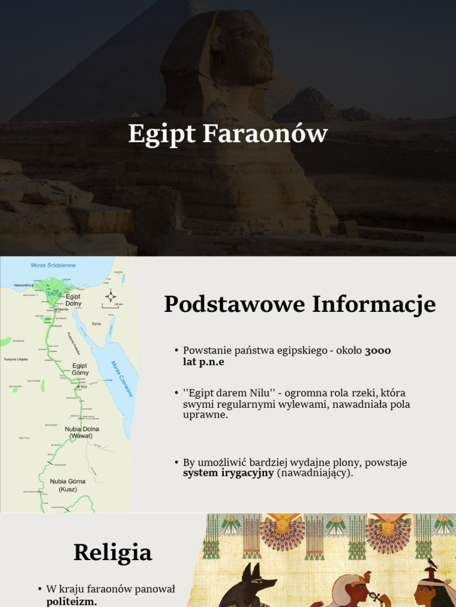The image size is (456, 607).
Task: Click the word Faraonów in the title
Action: click(x=265, y=134)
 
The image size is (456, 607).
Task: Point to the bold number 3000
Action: click(x=378, y=350)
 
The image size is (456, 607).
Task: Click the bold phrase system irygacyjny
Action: click(x=228, y=473)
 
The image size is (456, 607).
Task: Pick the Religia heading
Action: click(x=113, y=552)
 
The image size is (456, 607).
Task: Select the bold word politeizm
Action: click(x=72, y=601)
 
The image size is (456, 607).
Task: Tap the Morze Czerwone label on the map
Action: click(x=122, y=379)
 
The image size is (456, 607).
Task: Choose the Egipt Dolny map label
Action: click(x=74, y=299)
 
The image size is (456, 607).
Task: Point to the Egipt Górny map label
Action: click(x=80, y=369)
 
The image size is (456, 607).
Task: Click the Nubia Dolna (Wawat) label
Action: click(x=82, y=432)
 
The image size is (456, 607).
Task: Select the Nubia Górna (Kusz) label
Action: click(x=68, y=485)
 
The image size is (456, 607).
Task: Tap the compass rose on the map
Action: click(x=110, y=296)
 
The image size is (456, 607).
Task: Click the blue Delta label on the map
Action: click(x=53, y=293)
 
